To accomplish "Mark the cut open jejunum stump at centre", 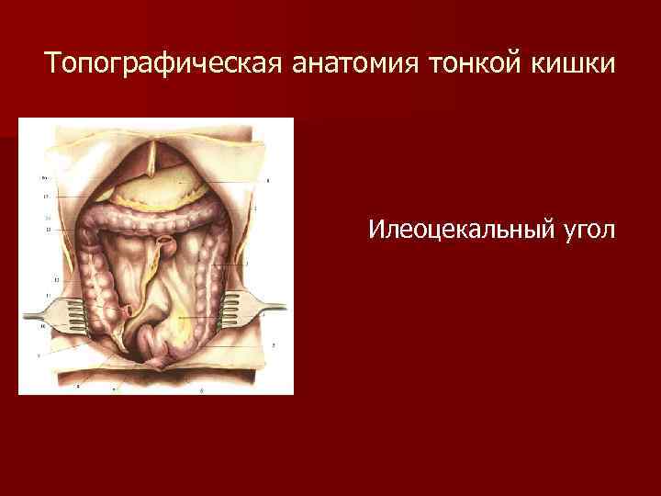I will [x=168, y=246].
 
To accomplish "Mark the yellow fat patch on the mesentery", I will [x=188, y=321].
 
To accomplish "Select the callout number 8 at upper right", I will [x=267, y=183].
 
